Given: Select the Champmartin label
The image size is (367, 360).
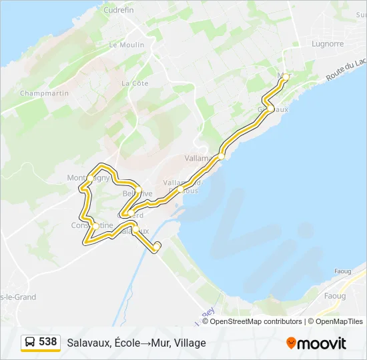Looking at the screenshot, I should (x=45, y=93).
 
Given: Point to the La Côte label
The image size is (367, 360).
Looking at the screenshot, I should (x=135, y=83).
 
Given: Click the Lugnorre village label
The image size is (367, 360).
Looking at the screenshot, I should (x=328, y=44).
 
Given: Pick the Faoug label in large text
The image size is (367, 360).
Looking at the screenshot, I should (x=334, y=295).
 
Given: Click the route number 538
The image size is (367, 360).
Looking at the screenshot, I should (x=48, y=342).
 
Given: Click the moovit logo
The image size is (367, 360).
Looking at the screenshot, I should (x=316, y=343).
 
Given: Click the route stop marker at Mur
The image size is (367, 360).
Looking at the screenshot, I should (x=286, y=77).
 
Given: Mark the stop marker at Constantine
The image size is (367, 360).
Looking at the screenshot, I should (x=95, y=226).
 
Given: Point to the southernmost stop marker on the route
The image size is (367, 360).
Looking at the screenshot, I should (x=157, y=247).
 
